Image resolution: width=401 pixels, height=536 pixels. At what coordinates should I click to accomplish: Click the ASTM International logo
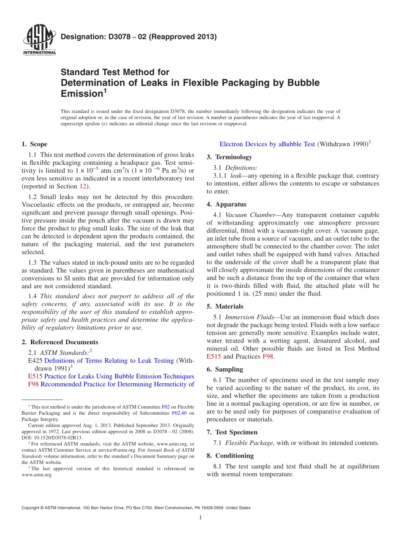tap(39, 40)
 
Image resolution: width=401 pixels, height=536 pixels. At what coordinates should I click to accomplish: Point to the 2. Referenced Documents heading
tap(60, 342)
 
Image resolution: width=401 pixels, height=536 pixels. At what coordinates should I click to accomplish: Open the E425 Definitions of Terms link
tap(109, 361)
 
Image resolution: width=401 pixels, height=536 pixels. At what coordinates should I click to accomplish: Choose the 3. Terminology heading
tap(229, 157)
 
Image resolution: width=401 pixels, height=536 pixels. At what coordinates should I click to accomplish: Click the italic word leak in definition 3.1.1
tap(236, 176)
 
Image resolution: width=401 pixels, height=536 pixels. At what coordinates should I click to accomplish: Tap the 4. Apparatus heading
tap(226, 204)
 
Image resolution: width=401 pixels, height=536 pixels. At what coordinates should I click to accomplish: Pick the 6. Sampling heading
tap(225, 369)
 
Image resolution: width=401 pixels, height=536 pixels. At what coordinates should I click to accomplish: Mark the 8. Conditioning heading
tap(230, 456)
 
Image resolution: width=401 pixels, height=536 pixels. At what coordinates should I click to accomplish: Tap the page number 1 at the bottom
tap(200, 517)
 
